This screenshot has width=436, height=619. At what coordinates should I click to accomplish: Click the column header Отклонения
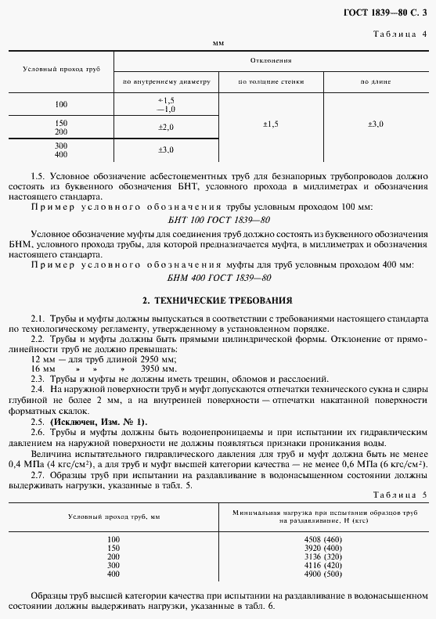[271, 59]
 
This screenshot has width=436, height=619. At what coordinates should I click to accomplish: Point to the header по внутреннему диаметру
[166, 81]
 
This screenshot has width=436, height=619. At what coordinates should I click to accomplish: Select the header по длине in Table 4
[376, 81]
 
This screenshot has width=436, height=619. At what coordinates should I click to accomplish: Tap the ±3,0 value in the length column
[376, 124]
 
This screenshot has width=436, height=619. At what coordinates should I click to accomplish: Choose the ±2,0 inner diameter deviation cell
[166, 127]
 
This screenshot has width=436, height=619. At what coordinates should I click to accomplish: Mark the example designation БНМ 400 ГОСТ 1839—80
[218, 278]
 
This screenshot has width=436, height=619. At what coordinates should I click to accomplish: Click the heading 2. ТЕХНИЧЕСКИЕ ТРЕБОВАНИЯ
[218, 300]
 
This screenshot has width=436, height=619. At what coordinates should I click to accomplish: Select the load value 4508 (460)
[322, 539]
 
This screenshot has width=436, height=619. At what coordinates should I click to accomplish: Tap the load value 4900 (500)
[322, 574]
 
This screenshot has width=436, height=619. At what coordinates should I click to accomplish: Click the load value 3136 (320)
[322, 556]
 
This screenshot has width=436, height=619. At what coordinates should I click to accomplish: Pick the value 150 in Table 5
[114, 548]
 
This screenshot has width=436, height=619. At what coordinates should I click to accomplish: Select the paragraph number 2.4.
[38, 388]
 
